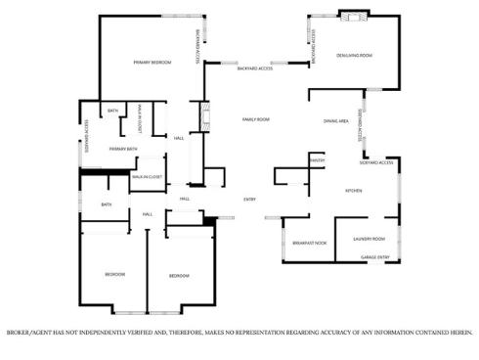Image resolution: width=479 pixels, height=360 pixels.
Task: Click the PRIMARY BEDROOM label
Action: [152, 63]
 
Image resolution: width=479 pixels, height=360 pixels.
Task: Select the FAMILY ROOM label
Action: [256, 118]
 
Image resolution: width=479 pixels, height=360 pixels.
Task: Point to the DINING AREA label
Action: [336, 121]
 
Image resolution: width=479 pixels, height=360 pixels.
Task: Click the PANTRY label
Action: [317, 158]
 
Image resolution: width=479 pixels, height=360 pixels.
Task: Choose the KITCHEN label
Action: [353, 191]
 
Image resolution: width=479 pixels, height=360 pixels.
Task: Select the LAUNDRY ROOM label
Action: [370, 239]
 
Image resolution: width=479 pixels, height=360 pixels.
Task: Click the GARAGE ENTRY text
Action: [375, 257]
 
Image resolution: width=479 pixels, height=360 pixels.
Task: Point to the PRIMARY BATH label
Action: [123, 149]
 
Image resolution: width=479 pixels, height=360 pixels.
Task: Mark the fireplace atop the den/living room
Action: [355, 16]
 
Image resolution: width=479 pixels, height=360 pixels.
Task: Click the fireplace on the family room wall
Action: [204, 117]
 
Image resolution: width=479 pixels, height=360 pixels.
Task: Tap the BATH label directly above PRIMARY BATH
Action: [113, 111]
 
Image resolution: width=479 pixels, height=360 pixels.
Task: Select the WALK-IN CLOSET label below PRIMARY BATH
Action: [147, 177]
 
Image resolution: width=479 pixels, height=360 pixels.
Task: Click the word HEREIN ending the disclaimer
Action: [459, 333]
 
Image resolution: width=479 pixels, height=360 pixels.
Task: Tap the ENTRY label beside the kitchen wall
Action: [250, 200]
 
